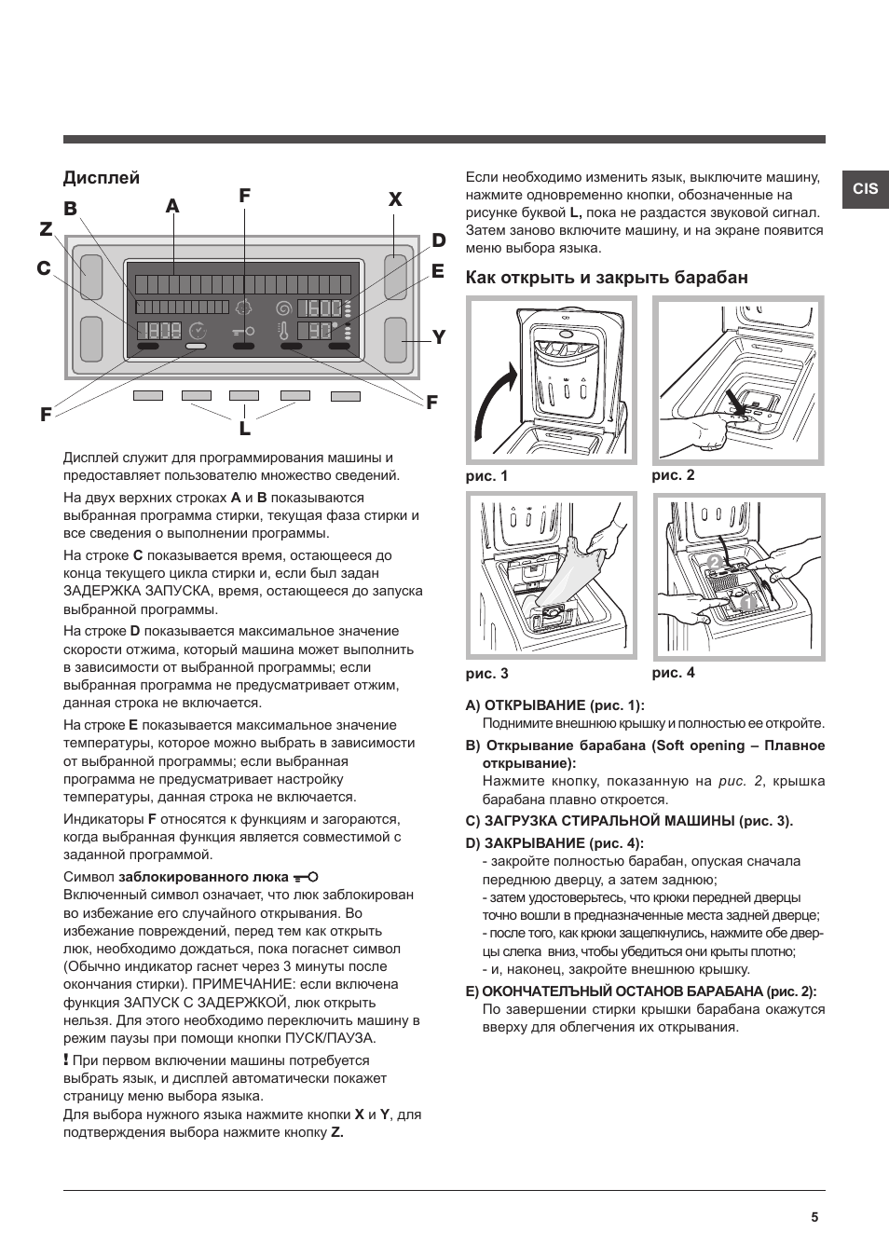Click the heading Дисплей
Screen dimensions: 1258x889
(101, 177)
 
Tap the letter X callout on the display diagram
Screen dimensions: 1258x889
(395, 199)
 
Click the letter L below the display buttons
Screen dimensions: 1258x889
(244, 429)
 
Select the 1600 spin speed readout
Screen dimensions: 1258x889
(320, 308)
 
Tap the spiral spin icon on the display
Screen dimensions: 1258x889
(283, 308)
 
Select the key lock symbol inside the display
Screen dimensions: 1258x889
(244, 330)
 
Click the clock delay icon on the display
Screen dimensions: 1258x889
(197, 330)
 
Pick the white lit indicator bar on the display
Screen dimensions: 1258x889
(196, 346)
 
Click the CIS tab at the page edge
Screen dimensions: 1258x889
(865, 188)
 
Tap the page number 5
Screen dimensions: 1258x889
(814, 1217)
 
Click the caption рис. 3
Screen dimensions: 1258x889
(486, 673)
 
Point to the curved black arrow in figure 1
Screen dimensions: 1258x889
(495, 401)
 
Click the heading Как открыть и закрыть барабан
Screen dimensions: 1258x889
(606, 278)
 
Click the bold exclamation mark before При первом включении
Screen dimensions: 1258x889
(66, 1060)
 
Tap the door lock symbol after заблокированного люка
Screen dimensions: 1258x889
(306, 877)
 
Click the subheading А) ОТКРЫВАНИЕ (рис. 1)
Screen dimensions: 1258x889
(554, 705)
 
